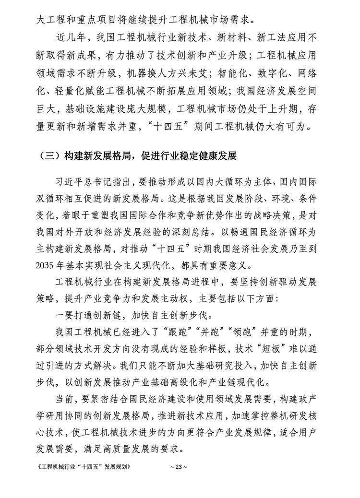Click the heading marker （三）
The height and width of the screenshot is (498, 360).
click(50, 156)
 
